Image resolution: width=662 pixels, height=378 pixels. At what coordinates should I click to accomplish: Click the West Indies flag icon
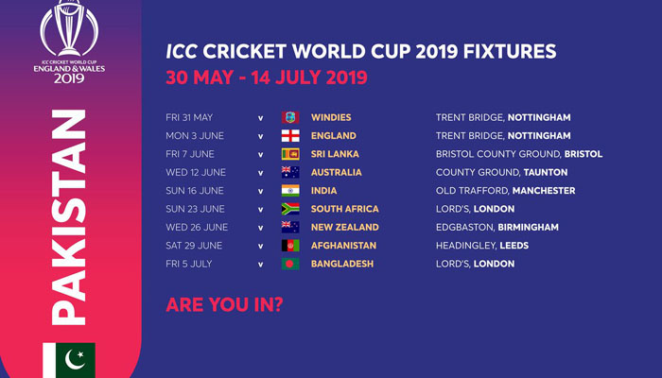click(290, 117)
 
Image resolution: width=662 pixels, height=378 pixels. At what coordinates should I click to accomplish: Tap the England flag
click(290, 136)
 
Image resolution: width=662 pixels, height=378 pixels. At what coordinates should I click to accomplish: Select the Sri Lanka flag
click(290, 154)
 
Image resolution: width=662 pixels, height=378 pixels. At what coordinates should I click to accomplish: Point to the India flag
click(290, 191)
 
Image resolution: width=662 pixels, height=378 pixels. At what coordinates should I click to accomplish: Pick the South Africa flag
click(290, 209)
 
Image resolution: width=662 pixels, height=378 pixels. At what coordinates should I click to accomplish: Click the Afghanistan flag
click(290, 246)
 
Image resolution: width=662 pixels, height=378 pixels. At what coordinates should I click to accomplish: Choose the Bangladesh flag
click(290, 264)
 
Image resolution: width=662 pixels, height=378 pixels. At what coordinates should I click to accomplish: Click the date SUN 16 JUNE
click(195, 191)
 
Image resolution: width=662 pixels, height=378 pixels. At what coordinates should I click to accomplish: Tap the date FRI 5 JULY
click(189, 264)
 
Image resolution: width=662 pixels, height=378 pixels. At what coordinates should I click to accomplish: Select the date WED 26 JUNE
click(197, 228)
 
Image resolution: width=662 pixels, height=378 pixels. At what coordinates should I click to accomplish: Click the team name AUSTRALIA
click(336, 173)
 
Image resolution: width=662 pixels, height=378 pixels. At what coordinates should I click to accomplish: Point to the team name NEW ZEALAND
click(345, 228)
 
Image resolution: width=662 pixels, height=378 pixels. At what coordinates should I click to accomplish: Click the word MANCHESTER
click(544, 191)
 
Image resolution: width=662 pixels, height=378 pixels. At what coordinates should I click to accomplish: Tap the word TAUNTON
click(546, 173)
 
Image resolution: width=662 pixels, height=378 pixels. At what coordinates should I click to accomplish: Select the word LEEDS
click(514, 246)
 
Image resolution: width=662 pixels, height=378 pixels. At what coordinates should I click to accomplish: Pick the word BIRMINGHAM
click(528, 228)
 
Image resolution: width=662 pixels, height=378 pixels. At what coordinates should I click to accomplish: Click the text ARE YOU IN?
click(224, 304)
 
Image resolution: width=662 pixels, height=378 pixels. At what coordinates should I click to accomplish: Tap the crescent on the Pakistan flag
click(73, 360)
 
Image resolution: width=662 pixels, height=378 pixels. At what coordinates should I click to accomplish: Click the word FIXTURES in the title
click(510, 51)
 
